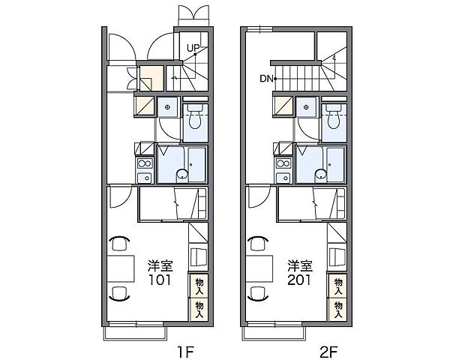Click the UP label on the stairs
[193, 48]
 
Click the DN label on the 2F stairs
[266, 79]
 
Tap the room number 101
[160, 280]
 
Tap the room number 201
[299, 280]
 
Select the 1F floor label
[185, 352]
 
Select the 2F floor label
[328, 352]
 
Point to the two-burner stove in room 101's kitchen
[145, 164]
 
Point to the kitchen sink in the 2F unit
[283, 178]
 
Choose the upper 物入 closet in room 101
[199, 286]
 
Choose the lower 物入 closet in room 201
[338, 310]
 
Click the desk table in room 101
[121, 268]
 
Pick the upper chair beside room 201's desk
[258, 243]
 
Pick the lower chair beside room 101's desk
[119, 293]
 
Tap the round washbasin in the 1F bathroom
[182, 175]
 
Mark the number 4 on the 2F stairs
[334, 58]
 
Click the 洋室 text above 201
[299, 266]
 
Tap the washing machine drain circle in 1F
[167, 107]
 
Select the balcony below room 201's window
[274, 333]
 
